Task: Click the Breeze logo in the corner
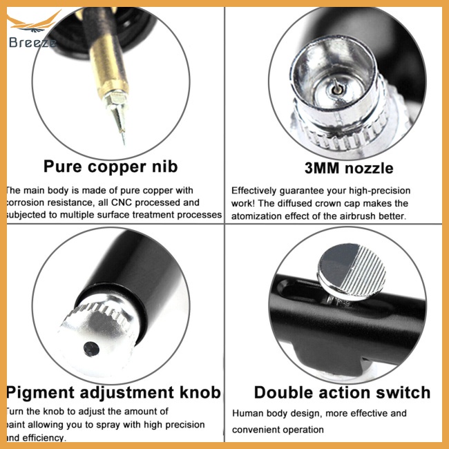(x=31, y=31)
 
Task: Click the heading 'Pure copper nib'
(x=111, y=167)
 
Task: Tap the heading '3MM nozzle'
(x=349, y=168)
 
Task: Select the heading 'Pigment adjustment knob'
(x=114, y=393)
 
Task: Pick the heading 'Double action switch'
(x=342, y=393)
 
